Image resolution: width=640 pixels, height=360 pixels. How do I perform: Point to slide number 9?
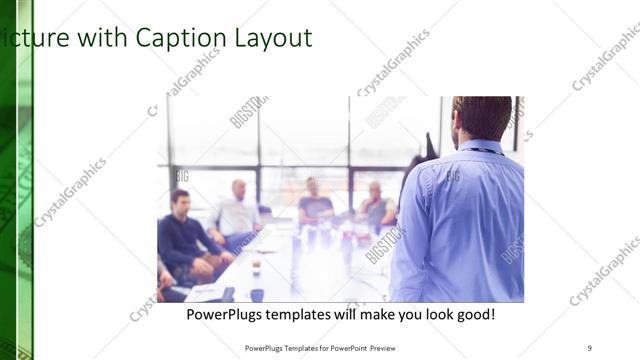(x=590, y=348)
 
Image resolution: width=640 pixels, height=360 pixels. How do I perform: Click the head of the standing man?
(x=482, y=118)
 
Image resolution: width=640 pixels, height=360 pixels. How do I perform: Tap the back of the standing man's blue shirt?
(x=459, y=220)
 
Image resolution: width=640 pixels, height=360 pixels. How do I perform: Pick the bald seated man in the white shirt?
(x=237, y=210)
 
